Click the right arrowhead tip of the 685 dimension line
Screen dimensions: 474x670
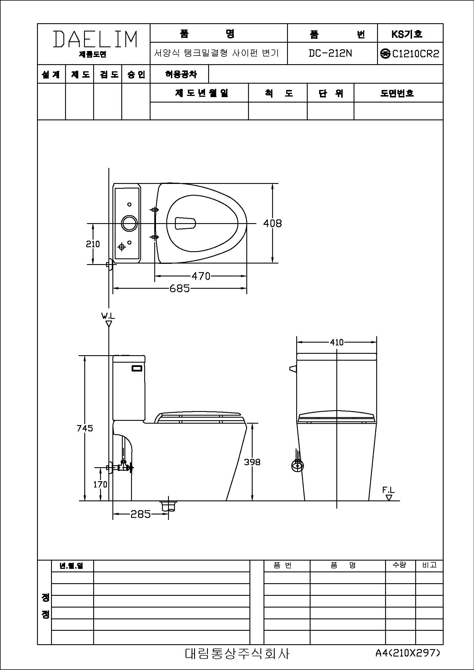247,288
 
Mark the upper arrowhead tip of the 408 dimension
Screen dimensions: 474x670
272,184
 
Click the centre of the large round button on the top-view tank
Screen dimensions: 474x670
129,223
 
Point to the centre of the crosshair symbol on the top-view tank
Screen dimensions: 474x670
122,247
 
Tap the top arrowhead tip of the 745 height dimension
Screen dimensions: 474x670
85,355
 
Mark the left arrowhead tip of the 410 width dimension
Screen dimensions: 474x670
297,342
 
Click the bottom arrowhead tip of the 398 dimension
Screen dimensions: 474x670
252,501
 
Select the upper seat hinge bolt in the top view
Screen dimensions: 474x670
155,209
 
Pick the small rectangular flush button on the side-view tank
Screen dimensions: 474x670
137,368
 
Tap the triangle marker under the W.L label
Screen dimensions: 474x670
109,324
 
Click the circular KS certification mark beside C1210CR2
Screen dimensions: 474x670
385,53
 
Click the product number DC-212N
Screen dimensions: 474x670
330,53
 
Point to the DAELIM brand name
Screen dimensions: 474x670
95,39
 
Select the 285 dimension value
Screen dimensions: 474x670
141,514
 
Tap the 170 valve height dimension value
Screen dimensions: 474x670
100,484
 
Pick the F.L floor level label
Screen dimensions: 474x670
389,490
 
